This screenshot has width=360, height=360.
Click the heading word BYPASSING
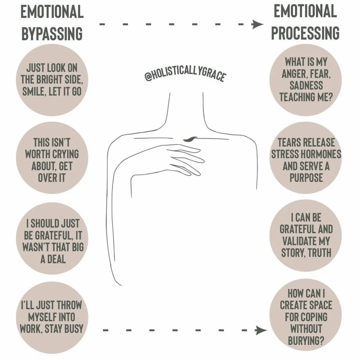pyautogui.click(x=52, y=34)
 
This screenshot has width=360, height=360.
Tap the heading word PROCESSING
pyautogui.click(x=305, y=33)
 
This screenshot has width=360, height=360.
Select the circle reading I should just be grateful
pyautogui.click(x=53, y=240)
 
